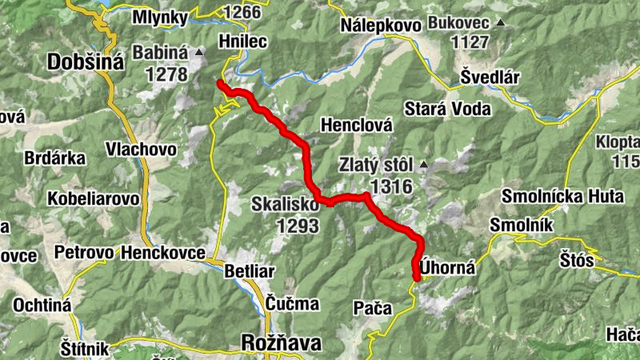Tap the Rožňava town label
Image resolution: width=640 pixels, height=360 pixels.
point(281,343)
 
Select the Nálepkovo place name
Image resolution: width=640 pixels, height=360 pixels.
point(380,26)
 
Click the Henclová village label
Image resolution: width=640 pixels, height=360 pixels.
point(356,125)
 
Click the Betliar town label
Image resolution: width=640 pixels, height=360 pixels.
point(250,270)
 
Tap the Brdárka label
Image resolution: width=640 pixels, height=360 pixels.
point(55,158)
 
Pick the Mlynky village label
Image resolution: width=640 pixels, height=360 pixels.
point(160,18)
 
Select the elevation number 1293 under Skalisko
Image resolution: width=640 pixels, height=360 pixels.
point(298,226)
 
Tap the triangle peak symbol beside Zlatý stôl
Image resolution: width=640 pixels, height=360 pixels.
point(423,166)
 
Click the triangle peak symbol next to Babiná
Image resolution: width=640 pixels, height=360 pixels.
point(199,53)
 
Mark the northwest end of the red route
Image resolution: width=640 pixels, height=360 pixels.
point(220,83)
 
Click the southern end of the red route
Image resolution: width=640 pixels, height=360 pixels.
point(417,278)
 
